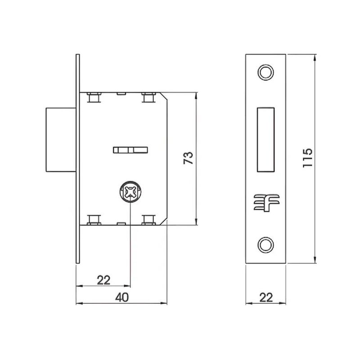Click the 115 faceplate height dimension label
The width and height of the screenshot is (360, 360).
pos(308,158)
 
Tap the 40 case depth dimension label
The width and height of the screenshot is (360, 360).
pos(121,297)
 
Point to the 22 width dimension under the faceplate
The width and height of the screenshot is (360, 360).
pos(266,297)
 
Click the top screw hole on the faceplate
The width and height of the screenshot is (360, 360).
pos(265,72)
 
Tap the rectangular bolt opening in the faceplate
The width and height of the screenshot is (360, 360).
pos(265,139)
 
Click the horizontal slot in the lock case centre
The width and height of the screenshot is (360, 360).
pos(130,149)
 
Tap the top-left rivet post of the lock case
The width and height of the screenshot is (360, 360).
pos(94,97)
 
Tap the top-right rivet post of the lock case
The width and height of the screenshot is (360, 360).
pos(147,97)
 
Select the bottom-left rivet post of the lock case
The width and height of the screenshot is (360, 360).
pos(94,219)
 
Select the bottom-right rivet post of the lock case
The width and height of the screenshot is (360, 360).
pos(147,219)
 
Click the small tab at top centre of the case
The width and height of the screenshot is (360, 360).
pos(120,94)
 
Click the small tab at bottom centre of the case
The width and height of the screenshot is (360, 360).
pos(120,223)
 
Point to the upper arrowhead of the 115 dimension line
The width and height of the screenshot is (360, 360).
pos(315,57)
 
